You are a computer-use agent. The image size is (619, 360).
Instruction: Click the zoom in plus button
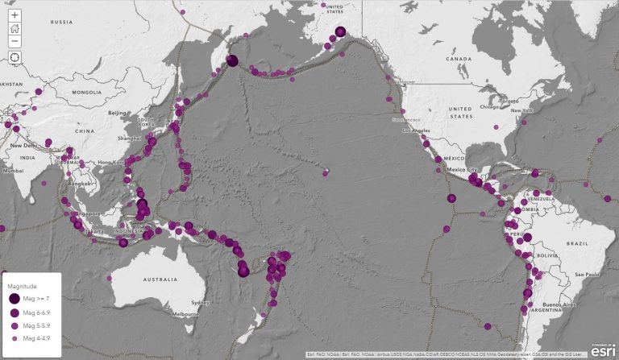15,15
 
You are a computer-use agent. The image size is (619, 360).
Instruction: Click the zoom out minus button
15,40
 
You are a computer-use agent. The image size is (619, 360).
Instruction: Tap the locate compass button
15,57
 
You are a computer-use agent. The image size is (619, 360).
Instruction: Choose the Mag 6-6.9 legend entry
36,312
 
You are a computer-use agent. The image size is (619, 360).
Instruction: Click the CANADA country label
458,59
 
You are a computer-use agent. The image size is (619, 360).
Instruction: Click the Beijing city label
118,113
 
